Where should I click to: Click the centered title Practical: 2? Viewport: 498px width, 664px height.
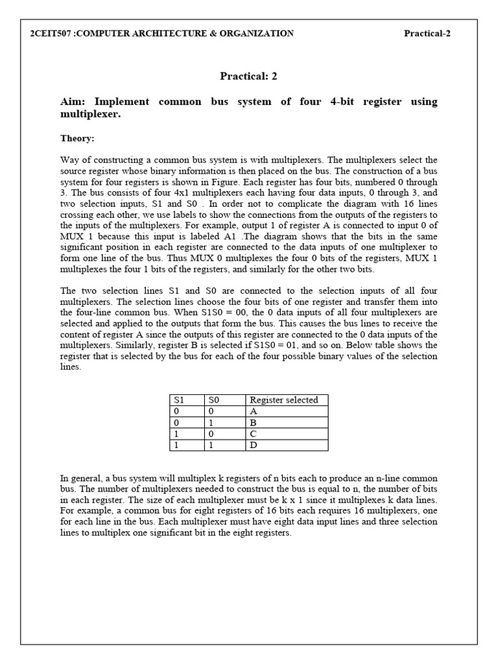(x=248, y=76)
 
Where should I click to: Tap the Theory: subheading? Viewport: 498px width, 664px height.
(x=77, y=138)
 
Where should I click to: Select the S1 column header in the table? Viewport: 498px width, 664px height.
(x=178, y=400)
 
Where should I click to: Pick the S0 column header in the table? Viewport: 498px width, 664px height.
(x=214, y=400)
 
